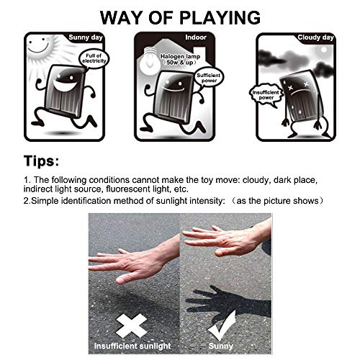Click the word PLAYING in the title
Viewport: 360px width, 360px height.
pos(220,18)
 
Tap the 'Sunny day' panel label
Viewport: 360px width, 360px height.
pos(86,37)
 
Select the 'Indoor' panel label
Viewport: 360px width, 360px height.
pos(196,37)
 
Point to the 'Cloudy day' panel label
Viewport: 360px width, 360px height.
pos(315,37)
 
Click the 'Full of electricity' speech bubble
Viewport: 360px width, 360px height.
pos(94,58)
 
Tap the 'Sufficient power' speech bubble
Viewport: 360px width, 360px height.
pos(209,77)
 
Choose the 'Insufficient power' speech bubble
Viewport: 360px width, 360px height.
pos(266,95)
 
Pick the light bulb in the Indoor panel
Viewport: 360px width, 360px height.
pos(151,60)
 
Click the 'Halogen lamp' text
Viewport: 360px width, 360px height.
pos(180,57)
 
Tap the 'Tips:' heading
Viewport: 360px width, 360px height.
pos(41,161)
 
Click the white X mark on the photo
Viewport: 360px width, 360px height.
pos(131,325)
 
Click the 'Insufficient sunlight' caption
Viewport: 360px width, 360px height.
pos(132,346)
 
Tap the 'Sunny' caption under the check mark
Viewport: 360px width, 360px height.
pos(221,346)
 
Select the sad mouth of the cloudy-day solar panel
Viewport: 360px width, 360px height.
pos(297,93)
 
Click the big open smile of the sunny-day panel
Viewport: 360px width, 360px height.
pos(65,85)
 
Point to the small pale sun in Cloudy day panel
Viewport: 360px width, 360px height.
pos(324,50)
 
